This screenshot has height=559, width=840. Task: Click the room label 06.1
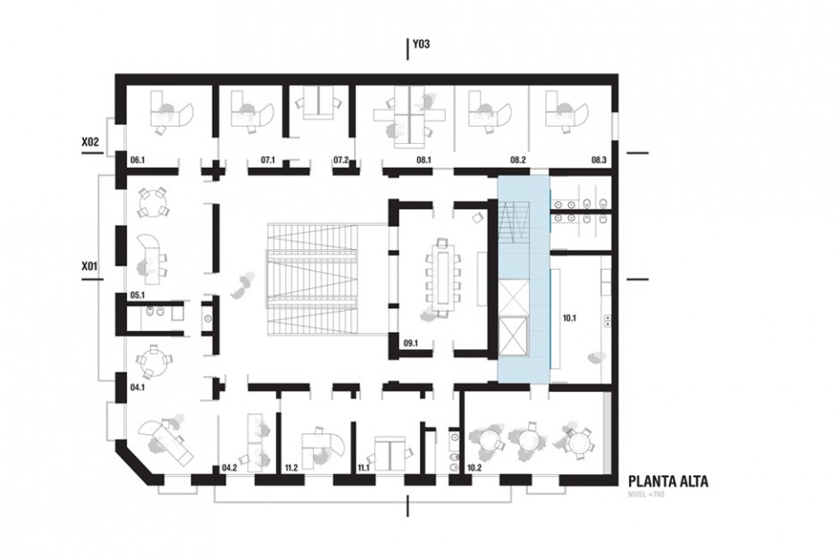point(138,160)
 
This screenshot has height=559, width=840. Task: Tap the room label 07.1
point(268,160)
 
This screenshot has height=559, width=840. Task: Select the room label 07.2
point(341,160)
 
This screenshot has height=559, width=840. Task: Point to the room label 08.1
point(424,160)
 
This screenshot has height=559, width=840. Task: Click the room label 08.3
point(599,160)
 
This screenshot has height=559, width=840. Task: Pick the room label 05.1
point(138,295)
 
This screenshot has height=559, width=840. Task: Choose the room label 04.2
point(230,468)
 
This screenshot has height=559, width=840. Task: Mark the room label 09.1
point(410,343)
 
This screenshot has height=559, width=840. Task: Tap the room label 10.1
point(569,318)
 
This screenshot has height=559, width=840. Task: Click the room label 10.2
point(475,468)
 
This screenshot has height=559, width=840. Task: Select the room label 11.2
point(291,468)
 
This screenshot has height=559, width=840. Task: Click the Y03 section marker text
point(421,44)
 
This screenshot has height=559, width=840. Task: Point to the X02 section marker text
point(90,142)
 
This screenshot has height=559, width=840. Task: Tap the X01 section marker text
point(89,265)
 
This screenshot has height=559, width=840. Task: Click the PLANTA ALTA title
point(668,480)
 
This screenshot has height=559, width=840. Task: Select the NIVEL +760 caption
point(646,495)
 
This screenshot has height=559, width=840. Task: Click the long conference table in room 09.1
point(443,278)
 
